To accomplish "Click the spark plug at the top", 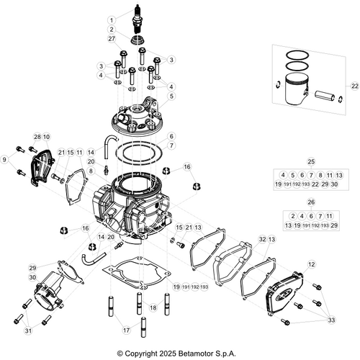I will tap(133, 17).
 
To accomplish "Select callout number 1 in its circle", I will tap(112, 19).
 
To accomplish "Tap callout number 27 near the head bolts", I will tap(112, 39).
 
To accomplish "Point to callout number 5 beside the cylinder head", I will tap(171, 96).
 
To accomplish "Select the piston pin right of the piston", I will tap(326, 94).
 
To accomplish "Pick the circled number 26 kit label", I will tap(311, 203).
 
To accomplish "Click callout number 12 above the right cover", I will tap(311, 265).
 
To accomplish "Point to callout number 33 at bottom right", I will tap(331, 320).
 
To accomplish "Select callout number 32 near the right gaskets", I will tap(262, 238).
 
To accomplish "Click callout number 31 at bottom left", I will tap(28, 331).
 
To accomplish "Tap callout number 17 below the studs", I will tap(127, 330).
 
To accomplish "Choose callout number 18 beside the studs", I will tap(152, 307).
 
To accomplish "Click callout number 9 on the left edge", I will tap(6, 159).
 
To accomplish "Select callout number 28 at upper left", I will tap(37, 137).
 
